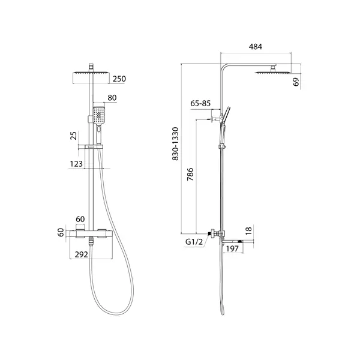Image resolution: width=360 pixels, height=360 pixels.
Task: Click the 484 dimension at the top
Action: [256, 47]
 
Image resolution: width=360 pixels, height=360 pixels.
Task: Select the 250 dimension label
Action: [119, 79]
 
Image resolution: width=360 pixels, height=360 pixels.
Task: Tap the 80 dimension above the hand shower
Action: [112, 98]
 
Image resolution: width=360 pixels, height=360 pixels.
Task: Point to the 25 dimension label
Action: [74, 136]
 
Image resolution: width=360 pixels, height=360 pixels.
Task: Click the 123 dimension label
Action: [76, 164]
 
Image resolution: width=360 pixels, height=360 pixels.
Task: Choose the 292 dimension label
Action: [81, 254]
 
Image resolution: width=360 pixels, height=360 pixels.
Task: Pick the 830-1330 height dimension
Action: [175, 144]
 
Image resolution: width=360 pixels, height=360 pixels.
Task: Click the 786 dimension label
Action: [190, 175]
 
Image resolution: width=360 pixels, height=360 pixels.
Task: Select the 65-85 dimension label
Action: [200, 103]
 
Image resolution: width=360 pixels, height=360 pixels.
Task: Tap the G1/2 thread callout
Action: [194, 242]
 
